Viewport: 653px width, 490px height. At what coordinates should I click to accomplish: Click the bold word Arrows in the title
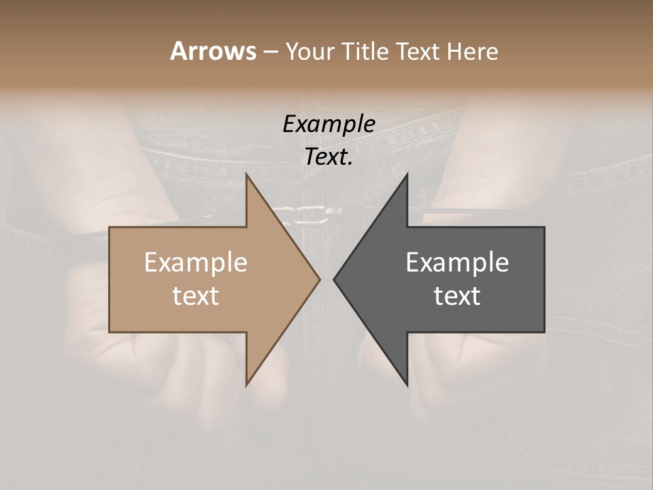[213, 51]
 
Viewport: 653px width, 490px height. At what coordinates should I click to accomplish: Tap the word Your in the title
[307, 51]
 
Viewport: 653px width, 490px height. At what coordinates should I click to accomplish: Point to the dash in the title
[270, 52]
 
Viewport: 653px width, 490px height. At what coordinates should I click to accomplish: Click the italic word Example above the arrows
[329, 124]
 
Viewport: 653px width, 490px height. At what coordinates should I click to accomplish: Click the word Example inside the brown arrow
[195, 262]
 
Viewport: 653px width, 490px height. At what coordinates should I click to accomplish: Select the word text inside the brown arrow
[195, 296]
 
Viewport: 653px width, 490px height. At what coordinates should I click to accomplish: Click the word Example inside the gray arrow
[457, 262]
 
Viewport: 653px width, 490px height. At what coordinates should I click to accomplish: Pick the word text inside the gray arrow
[457, 296]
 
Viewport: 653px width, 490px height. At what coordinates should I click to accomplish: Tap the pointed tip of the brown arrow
[320, 279]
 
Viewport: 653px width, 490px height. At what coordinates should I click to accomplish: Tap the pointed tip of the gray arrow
[334, 279]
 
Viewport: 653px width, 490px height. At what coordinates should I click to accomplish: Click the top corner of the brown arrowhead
[247, 175]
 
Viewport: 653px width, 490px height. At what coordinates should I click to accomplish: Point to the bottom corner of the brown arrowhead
[247, 385]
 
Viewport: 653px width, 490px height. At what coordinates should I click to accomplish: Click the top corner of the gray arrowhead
[407, 175]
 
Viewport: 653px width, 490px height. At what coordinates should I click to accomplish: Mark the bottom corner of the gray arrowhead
[407, 385]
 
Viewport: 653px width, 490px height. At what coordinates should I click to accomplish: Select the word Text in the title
[417, 51]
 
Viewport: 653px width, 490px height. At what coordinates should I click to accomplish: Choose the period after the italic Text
[350, 164]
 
